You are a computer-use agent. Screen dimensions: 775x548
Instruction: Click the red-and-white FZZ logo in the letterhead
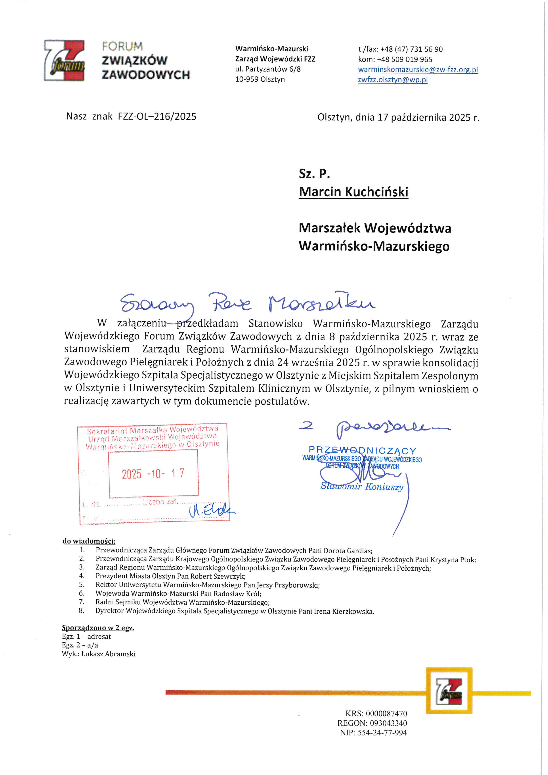[x=64, y=60]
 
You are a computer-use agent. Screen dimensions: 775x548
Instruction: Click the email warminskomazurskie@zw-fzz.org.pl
[x=418, y=70]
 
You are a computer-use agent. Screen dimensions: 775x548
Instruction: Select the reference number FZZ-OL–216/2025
[x=157, y=116]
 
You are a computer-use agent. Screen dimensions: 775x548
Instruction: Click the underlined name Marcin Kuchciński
[x=353, y=192]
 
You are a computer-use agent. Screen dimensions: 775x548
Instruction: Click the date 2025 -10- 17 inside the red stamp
[x=153, y=474]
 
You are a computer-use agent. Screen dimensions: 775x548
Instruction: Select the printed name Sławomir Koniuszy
[x=362, y=486]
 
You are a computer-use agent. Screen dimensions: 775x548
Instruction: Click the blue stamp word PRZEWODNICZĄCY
[x=362, y=450]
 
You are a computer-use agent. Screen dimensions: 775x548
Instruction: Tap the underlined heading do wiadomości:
[x=89, y=541]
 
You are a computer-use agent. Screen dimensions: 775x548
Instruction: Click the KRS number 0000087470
[x=386, y=713]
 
